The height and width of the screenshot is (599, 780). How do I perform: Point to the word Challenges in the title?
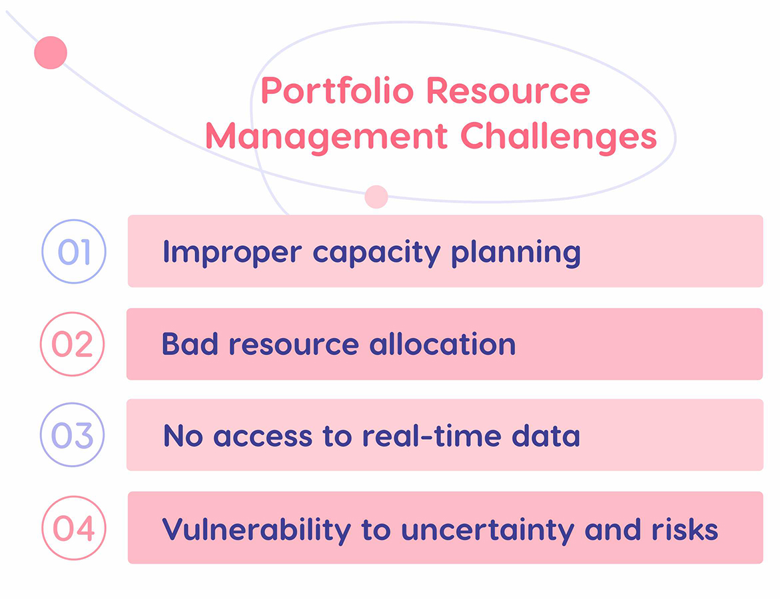point(558,137)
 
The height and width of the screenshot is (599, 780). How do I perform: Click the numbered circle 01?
point(74,252)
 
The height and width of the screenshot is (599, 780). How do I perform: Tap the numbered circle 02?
point(73,344)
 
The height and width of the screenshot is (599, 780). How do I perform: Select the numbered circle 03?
point(73,435)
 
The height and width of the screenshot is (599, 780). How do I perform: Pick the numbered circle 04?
point(74,528)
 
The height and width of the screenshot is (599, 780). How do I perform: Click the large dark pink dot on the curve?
point(51,53)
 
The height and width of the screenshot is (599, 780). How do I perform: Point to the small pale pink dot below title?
point(376,197)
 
